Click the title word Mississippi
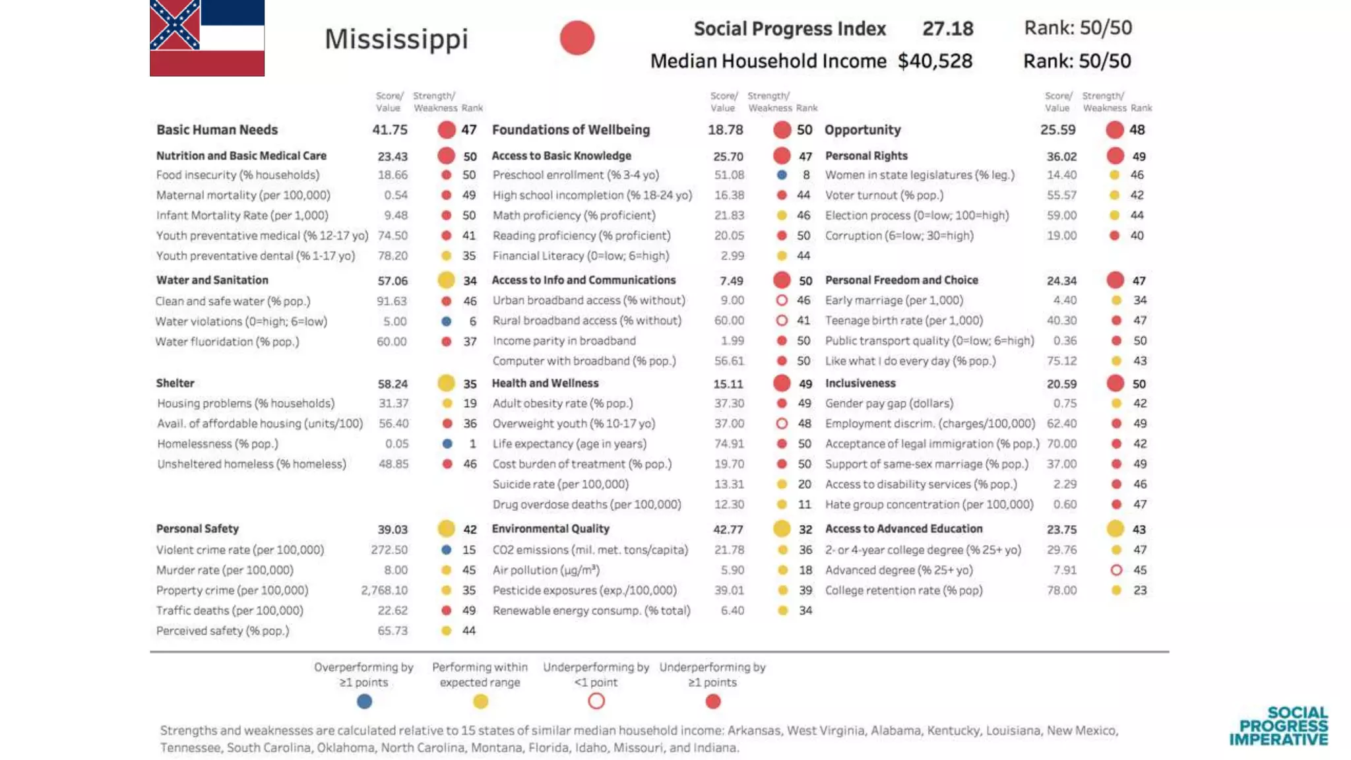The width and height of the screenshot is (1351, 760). [x=396, y=39]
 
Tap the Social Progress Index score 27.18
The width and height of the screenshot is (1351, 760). [x=947, y=28]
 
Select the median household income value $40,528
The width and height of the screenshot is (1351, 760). [x=935, y=61]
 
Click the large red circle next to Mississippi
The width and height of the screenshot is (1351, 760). [x=577, y=38]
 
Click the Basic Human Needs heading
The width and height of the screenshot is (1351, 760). [x=217, y=130]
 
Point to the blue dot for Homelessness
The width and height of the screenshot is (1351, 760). [x=447, y=444]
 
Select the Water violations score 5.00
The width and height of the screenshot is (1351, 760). [x=394, y=321]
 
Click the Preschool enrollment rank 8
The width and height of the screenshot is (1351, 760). [x=805, y=175]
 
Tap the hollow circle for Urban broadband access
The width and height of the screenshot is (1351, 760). [x=782, y=300]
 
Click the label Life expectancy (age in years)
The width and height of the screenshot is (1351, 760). [x=569, y=444]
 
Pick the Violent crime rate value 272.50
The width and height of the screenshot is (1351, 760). [x=389, y=550]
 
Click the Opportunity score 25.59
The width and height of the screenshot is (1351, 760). [x=1057, y=130]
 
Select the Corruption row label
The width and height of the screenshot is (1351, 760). [x=898, y=236]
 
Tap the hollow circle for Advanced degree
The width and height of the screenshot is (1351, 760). [x=1116, y=570]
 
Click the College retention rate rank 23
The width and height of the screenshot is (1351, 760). [x=1139, y=590]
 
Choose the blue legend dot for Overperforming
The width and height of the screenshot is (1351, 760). [x=364, y=701]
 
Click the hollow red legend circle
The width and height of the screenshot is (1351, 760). [x=596, y=701]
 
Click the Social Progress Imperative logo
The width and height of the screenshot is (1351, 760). [x=1278, y=726]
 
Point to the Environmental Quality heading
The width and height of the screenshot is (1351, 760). [x=550, y=529]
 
